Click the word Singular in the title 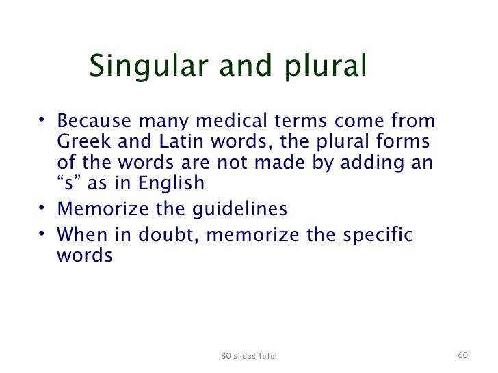pyautogui.click(x=141, y=66)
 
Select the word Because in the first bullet pyautogui.click(x=94, y=121)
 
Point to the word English pyautogui.click(x=171, y=183)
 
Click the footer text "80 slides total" pyautogui.click(x=249, y=356)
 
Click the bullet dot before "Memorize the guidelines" pyautogui.click(x=42, y=208)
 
